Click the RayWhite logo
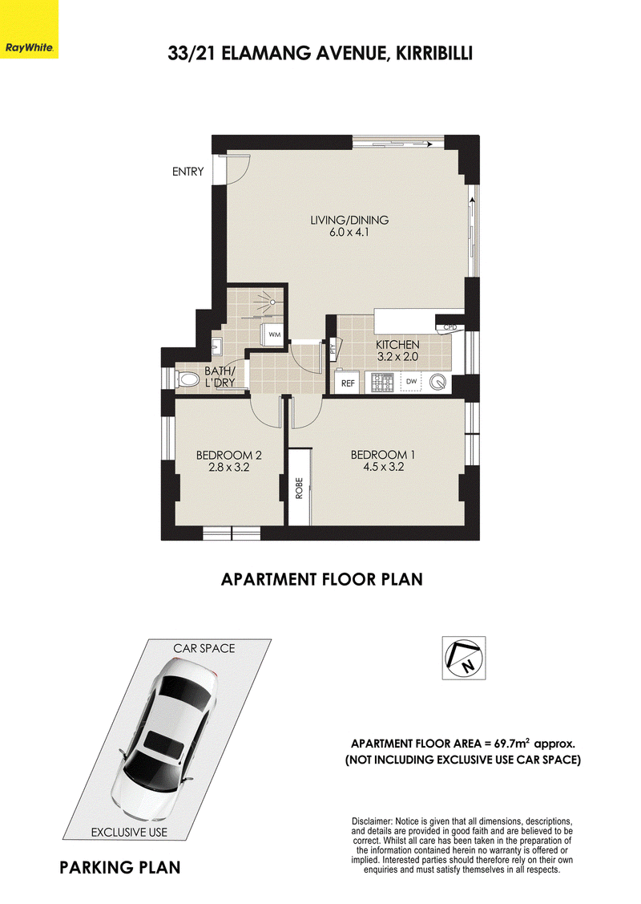click(29, 29)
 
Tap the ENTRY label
click(187, 171)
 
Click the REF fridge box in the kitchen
click(348, 383)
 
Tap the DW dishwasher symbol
click(410, 382)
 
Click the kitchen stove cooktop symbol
click(381, 382)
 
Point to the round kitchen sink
click(439, 383)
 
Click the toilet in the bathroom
click(186, 379)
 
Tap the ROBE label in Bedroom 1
click(299, 488)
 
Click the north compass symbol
click(464, 659)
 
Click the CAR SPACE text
click(204, 648)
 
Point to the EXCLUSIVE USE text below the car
click(129, 832)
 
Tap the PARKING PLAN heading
click(120, 868)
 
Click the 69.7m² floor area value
click(507, 743)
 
